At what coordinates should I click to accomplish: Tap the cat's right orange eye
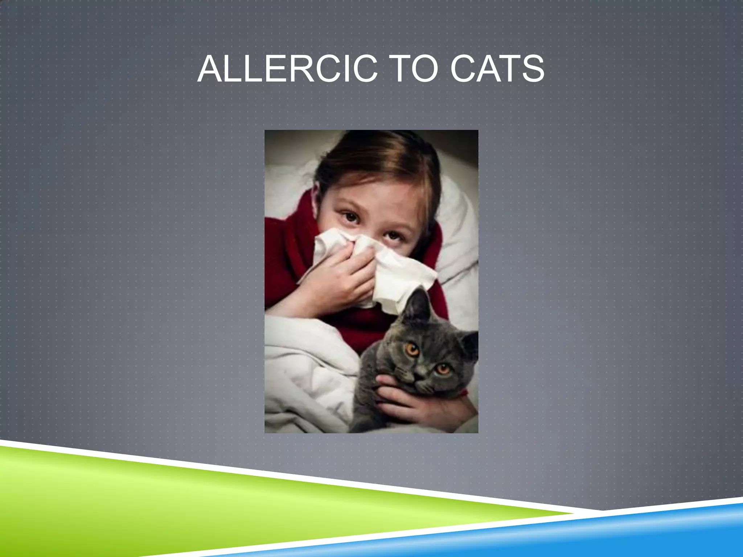tap(442, 369)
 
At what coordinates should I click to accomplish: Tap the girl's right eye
tap(392, 236)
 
